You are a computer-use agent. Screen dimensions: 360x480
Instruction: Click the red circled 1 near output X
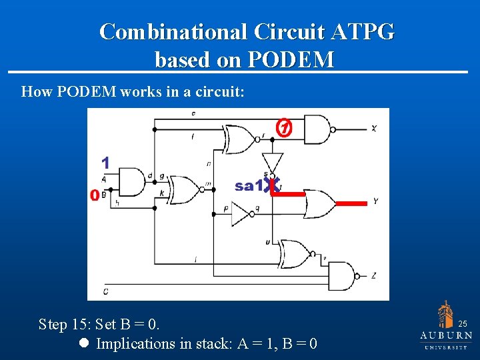coord(285,127)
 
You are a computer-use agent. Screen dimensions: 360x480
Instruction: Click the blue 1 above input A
coord(105,162)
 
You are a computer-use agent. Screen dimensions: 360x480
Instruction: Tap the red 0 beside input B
coord(95,195)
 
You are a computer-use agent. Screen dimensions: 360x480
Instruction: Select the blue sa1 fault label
coord(248,186)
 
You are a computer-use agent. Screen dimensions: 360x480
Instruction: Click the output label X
coord(374,128)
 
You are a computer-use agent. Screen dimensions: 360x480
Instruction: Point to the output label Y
coord(376,201)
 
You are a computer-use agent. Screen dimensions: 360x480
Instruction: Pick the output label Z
coord(375,275)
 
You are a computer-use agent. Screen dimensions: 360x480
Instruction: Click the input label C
coord(105,291)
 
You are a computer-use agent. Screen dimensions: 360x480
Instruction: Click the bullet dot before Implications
coord(84,344)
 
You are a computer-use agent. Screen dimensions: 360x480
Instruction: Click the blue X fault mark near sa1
coord(270,186)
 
